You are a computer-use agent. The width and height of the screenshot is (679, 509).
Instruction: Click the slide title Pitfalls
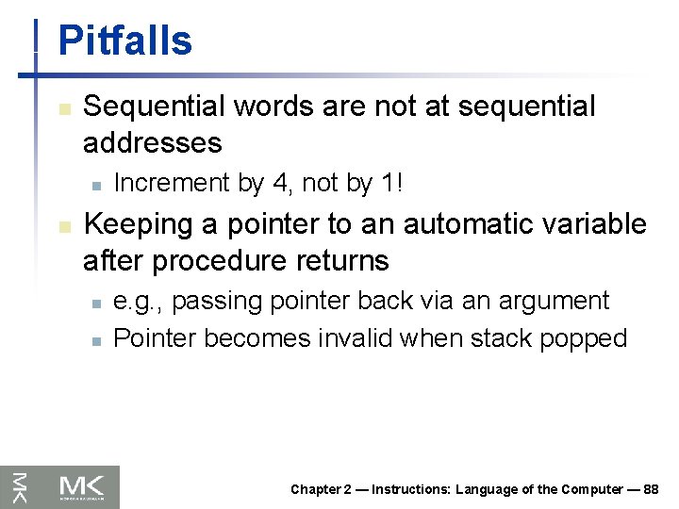pos(124,41)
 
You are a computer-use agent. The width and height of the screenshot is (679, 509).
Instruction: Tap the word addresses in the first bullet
pos(152,143)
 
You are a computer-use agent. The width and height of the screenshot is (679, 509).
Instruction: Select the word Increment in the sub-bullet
pos(173,183)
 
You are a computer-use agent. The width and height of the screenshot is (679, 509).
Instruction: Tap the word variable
pos(599,224)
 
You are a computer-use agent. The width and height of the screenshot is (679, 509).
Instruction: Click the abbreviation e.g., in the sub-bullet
pos(139,302)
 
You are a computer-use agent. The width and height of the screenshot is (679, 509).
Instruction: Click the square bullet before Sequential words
pos(64,109)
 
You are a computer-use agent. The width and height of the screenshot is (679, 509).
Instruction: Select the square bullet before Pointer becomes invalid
pos(95,340)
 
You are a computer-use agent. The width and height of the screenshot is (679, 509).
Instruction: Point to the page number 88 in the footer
pos(650,489)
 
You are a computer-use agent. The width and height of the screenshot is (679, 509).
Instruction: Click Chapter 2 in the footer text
pos(321,489)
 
